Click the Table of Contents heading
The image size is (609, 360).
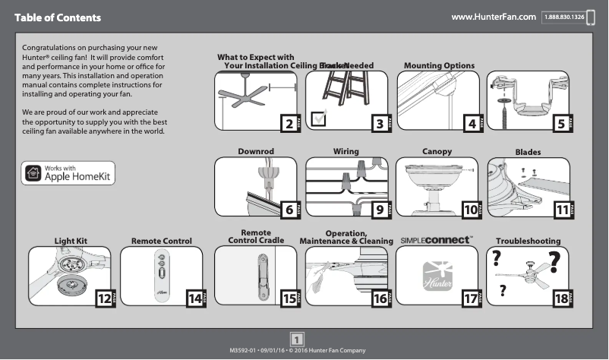tap(57, 17)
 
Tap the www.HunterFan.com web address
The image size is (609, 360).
tap(494, 17)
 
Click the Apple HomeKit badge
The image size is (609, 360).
tap(68, 173)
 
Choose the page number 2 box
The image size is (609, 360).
tap(288, 122)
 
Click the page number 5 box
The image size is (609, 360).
tap(560, 122)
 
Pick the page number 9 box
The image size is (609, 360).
tap(378, 209)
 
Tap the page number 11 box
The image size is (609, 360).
tap(562, 209)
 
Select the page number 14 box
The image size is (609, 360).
tap(195, 298)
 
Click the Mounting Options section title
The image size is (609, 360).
tap(439, 65)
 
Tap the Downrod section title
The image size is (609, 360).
tap(255, 152)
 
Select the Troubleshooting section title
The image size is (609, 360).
tap(529, 241)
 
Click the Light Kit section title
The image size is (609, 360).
tap(71, 241)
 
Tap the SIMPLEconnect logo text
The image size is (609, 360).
tap(437, 240)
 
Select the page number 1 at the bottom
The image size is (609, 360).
tap(298, 339)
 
